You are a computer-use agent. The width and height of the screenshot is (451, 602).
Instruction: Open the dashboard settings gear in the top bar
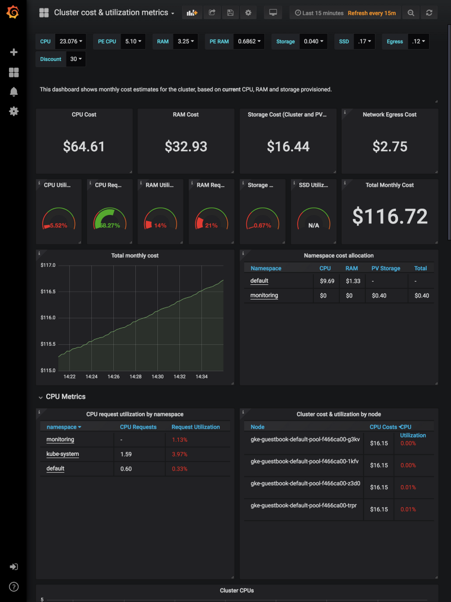point(248,12)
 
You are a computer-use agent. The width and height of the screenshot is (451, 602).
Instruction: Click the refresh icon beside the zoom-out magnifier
point(430,12)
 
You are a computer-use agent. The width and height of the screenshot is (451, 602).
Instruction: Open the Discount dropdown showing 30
point(76,59)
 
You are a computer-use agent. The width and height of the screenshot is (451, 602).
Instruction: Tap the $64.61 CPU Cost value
point(84,147)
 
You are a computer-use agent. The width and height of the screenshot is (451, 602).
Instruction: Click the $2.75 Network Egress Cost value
point(390,147)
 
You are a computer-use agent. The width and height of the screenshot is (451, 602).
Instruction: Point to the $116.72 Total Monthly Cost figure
point(390,217)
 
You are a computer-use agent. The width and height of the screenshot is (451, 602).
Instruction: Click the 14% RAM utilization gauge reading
point(160,226)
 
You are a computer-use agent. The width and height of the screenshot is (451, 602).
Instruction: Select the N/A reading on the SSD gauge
point(313,226)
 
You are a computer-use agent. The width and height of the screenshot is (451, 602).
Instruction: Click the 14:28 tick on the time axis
point(135,376)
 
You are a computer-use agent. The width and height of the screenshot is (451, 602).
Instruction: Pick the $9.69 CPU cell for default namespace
point(327,281)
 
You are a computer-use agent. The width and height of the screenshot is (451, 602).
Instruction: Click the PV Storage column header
point(386,269)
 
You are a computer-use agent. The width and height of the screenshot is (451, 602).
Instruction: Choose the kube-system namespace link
point(63,454)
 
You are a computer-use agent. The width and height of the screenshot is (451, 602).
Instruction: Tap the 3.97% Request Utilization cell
point(180,454)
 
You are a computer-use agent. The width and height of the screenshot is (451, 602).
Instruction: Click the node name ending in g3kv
point(305,440)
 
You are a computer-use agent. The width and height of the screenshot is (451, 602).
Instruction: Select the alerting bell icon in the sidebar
point(14,92)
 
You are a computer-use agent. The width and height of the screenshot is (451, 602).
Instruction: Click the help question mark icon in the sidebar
point(14,587)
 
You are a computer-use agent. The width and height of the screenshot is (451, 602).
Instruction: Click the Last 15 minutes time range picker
point(319,12)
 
